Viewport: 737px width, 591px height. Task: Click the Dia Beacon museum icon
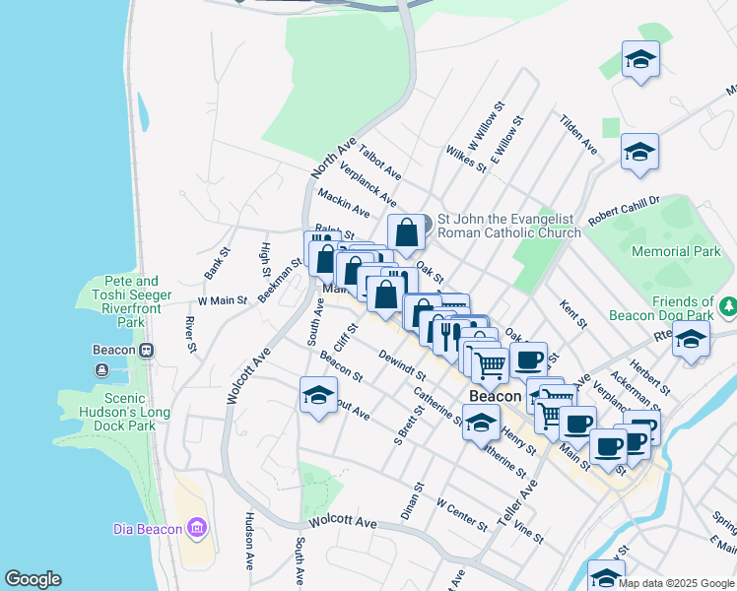click(197, 529)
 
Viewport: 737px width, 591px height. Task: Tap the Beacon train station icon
click(147, 350)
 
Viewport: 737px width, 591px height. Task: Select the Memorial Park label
click(676, 252)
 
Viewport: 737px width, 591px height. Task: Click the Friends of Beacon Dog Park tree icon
click(727, 308)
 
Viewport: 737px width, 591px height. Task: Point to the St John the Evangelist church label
click(508, 226)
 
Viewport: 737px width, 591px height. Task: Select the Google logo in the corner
click(33, 579)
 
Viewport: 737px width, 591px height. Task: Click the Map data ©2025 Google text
click(676, 583)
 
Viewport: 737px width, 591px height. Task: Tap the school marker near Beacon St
click(317, 395)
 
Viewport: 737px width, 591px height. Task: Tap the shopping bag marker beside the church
click(406, 232)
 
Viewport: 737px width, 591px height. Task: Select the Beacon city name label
click(495, 396)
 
